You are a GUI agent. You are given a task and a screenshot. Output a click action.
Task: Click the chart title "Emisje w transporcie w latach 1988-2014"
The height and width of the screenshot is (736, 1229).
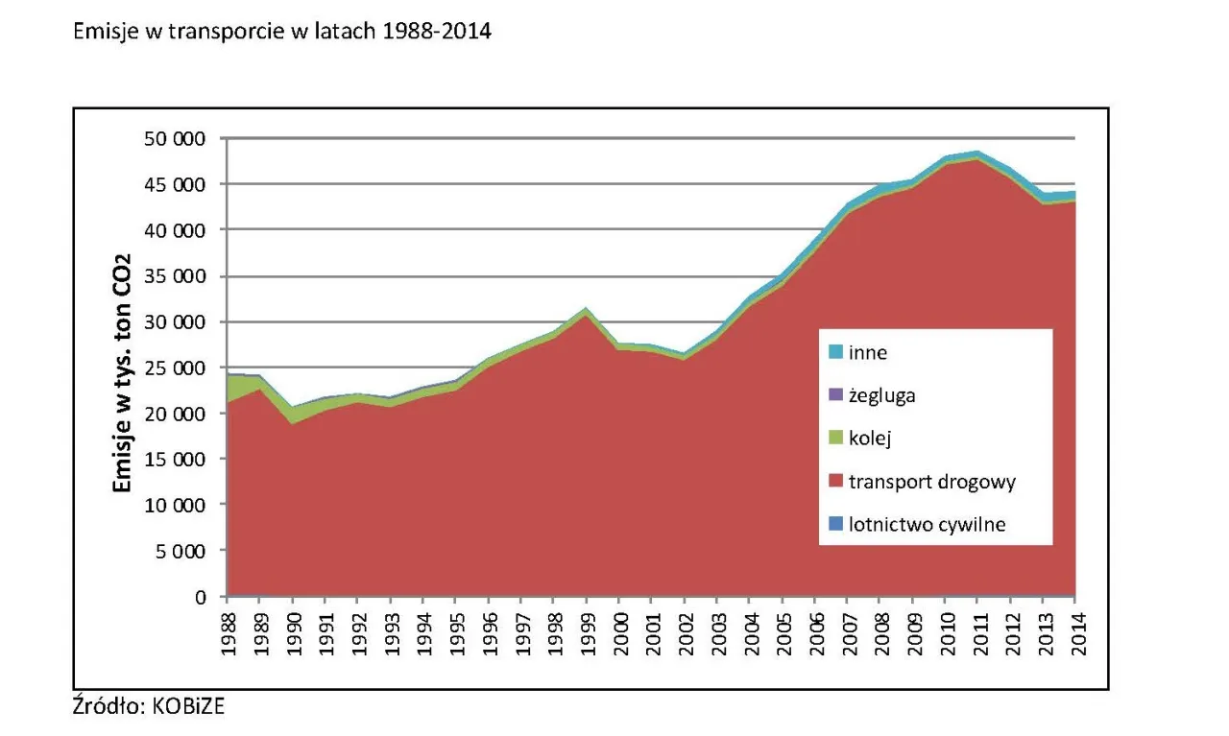coord(282,32)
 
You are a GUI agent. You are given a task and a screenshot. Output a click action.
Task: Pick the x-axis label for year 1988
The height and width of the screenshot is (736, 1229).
coord(228,630)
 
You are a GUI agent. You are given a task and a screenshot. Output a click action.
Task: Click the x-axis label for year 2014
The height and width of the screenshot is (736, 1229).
coord(1075,630)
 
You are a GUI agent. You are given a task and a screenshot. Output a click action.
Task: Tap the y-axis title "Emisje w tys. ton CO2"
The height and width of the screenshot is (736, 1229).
coord(123,368)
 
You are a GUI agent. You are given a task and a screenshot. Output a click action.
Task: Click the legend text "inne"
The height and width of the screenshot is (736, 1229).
coord(868,352)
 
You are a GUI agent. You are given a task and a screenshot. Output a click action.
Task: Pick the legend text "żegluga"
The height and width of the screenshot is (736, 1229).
coord(882,395)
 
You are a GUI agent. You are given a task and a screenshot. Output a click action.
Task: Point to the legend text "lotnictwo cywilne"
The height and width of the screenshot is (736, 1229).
coord(927,525)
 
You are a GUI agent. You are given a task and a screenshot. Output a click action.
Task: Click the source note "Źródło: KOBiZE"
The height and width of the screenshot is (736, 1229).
coord(150,707)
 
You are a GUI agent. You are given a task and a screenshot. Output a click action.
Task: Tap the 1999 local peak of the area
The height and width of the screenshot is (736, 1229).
coord(587,309)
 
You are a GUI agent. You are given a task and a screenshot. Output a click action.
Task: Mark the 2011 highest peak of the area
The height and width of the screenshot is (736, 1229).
coord(977,153)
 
